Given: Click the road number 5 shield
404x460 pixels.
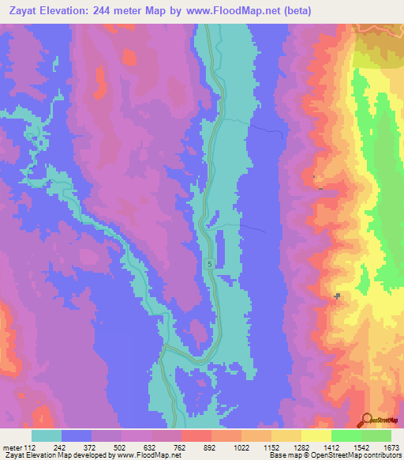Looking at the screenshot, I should [x=210, y=264].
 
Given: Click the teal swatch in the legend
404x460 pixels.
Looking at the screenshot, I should [x=47, y=435].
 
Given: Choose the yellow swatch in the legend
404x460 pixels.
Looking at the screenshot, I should [x=316, y=435].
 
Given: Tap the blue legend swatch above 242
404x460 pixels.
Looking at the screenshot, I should [x=77, y=435].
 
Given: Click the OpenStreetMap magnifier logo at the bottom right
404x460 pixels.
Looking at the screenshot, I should [x=366, y=420].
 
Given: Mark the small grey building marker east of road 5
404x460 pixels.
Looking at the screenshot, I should [x=338, y=296].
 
